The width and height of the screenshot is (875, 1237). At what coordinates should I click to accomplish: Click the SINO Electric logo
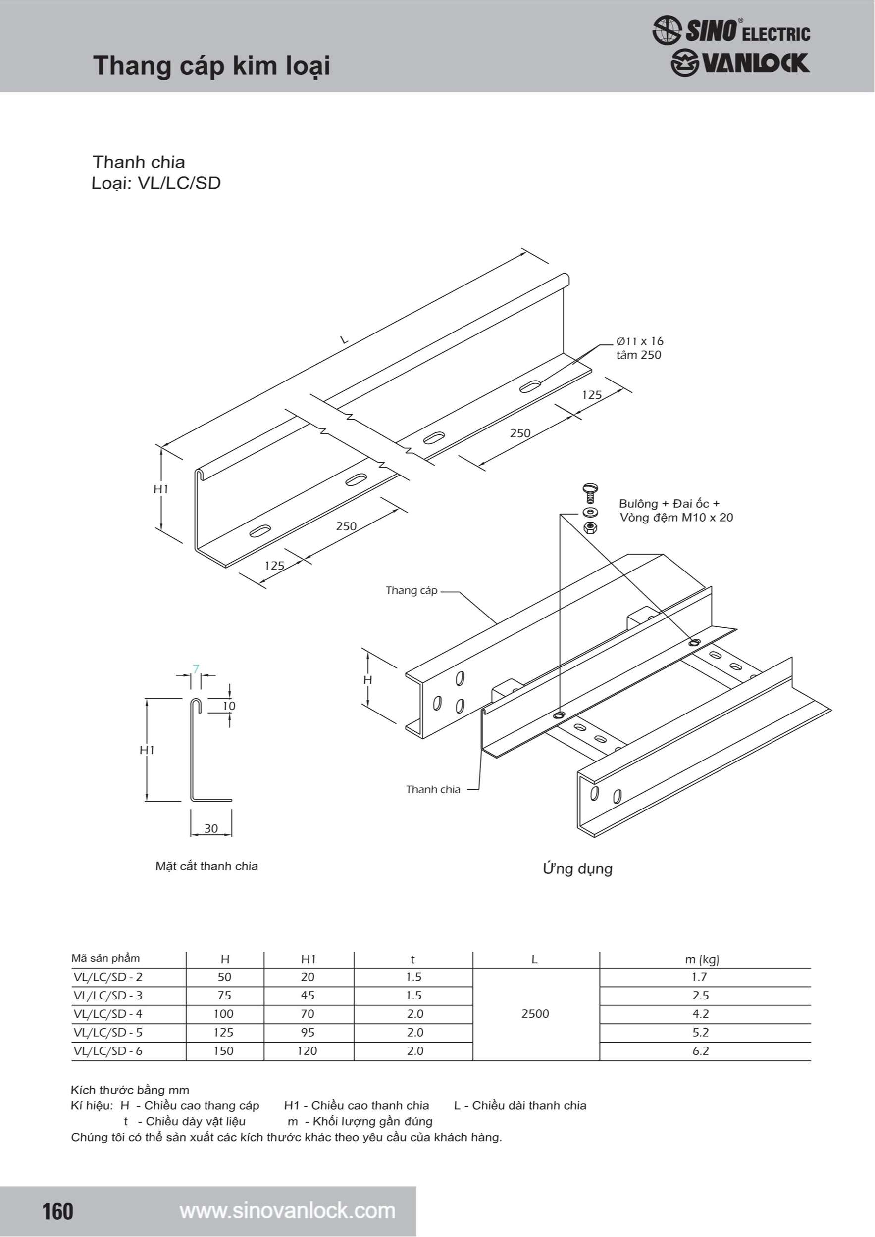coord(730,30)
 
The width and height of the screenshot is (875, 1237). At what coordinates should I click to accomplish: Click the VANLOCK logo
coord(740,63)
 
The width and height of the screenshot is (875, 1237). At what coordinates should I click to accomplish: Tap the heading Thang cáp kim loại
coord(211,66)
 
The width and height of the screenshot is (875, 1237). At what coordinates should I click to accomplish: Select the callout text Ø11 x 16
coord(639,341)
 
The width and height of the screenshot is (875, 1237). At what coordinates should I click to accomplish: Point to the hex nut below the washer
coord(590,527)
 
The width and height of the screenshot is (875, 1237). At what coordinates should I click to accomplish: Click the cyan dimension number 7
coord(196,669)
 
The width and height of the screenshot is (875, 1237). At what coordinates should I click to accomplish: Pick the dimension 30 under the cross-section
coord(211,828)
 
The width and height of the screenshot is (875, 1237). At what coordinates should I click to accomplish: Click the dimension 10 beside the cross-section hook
coord(229,706)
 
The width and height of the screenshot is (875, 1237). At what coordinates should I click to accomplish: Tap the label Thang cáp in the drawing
coord(412,590)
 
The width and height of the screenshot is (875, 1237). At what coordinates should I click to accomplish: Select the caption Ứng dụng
coord(577,868)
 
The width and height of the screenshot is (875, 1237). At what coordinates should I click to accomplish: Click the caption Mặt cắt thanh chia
coord(206,866)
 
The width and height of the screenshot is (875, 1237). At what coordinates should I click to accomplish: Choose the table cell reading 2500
coord(535,1014)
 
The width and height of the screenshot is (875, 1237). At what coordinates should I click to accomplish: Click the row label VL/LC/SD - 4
coord(108,1014)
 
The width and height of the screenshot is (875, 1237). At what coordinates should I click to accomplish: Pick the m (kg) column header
coord(702,959)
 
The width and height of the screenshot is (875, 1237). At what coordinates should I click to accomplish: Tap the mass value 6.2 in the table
coord(700,1050)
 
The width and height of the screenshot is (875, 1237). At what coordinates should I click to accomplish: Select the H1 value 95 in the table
coord(308,1032)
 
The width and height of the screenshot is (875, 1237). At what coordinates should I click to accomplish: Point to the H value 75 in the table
coord(224,995)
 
